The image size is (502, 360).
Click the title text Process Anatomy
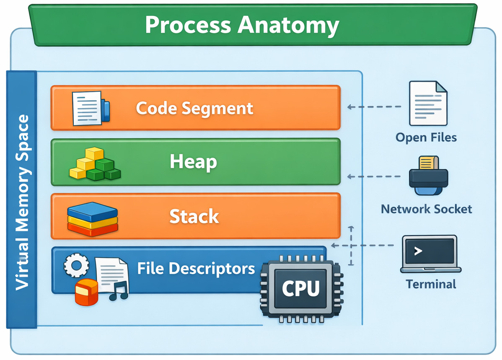point(242,25)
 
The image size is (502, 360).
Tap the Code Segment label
point(194,108)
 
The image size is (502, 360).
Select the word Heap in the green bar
point(193,162)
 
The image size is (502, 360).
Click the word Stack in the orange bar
point(194,217)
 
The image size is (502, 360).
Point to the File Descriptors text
point(196,268)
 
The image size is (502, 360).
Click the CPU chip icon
point(301,288)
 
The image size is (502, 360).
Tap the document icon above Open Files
point(427,104)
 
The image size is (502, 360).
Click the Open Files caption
point(426,137)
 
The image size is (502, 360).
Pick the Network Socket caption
point(426,209)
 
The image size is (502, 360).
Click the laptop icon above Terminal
point(431,254)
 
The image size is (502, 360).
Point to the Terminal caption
point(431,284)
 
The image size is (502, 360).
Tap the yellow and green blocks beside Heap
point(94,165)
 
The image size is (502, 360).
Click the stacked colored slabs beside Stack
point(93,218)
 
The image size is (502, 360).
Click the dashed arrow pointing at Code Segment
point(374,107)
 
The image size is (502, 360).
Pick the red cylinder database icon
point(86,292)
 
